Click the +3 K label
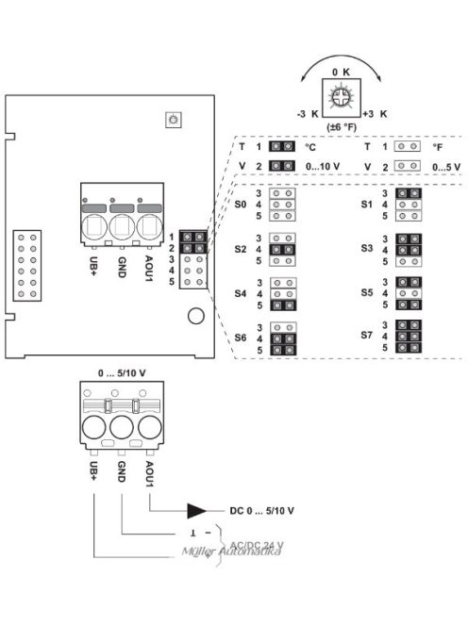tap(375, 113)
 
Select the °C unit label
tap(309, 147)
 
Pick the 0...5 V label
tap(446, 167)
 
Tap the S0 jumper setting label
tap(241, 204)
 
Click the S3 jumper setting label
tap(367, 248)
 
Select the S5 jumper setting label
tap(367, 292)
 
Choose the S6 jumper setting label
tap(241, 337)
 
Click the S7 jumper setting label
tap(367, 335)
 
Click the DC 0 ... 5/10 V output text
tap(262, 510)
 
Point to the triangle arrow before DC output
tap(196, 510)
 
